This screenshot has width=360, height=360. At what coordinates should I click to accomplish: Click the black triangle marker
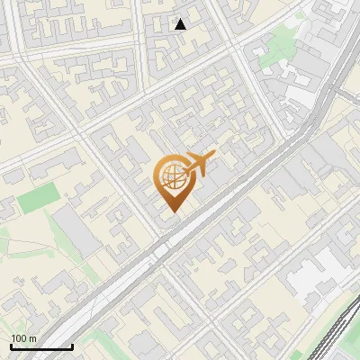(181, 24)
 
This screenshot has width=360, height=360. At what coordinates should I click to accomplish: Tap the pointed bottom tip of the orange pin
(171, 211)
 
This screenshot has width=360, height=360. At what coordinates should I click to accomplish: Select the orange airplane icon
(199, 164)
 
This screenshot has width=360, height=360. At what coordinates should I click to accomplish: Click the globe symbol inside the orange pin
(171, 178)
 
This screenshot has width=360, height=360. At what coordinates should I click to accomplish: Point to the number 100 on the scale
(18, 338)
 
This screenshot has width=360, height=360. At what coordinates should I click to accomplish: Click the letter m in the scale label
(32, 338)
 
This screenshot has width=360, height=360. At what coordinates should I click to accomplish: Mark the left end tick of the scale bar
(11, 346)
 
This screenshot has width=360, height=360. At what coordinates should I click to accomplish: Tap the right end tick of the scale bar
(72, 346)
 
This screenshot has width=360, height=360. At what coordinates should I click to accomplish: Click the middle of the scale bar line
(41, 347)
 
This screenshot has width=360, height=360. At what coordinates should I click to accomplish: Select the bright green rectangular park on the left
(37, 198)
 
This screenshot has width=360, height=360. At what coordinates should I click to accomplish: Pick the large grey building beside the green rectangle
(76, 229)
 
